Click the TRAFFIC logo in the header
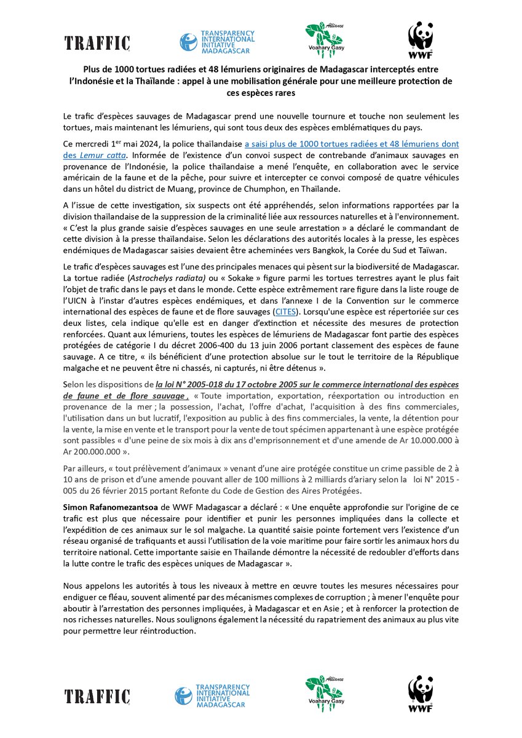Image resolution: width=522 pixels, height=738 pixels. coord(97,42)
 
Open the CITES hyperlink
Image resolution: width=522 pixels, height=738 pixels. coord(285,312)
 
